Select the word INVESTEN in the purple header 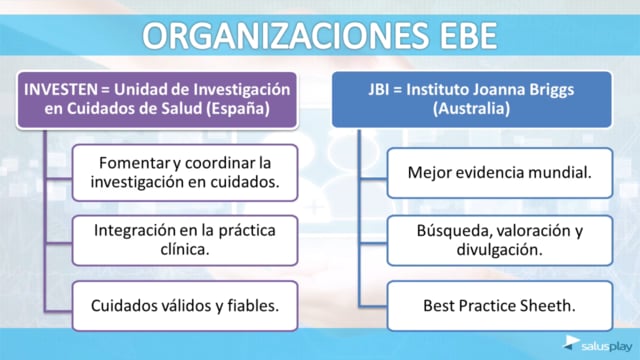coord(61,89)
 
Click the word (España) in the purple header coord(238,109)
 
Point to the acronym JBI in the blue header coord(378,89)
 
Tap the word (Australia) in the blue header coord(471,109)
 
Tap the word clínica coord(185,249)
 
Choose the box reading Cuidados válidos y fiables coord(185,306)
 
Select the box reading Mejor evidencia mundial coord(500,173)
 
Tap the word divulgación coord(500,250)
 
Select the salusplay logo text coord(607,347)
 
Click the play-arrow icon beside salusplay coord(571,343)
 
